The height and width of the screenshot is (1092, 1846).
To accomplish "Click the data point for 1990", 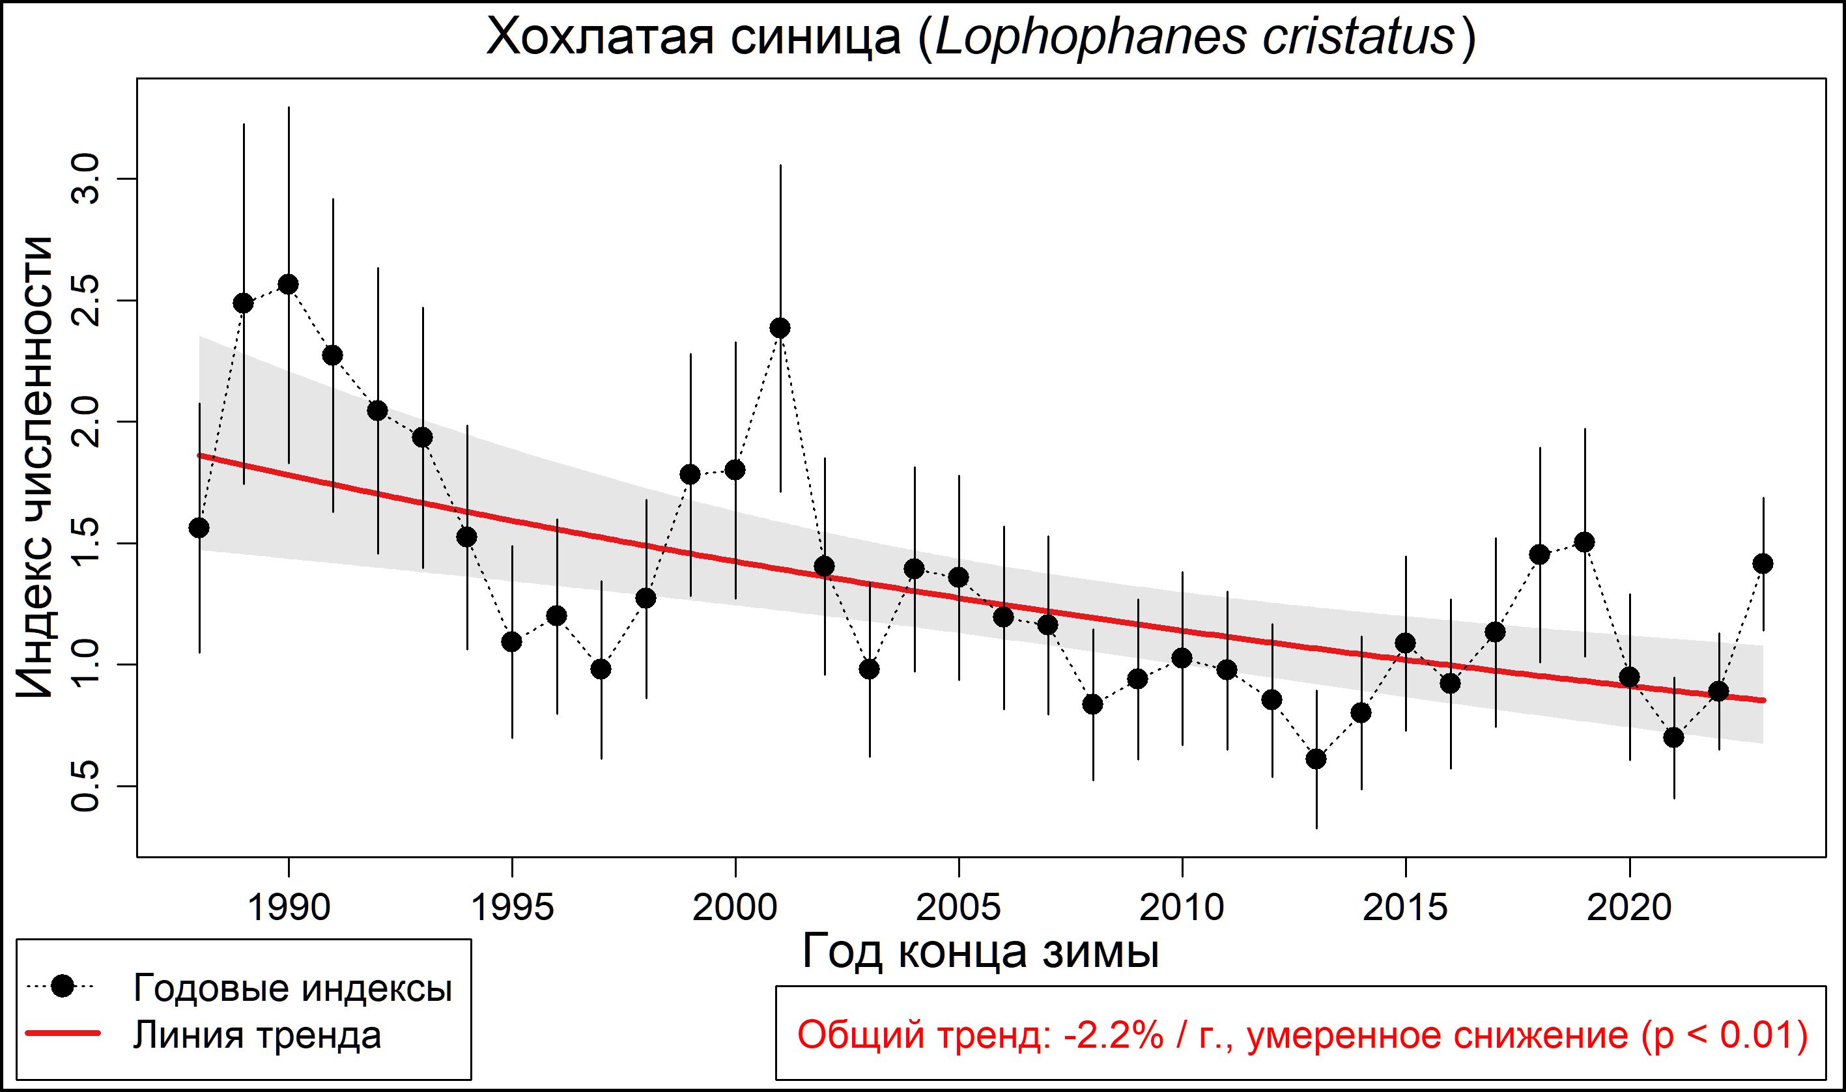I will coord(289,285).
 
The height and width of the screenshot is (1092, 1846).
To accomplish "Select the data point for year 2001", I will coord(780,328).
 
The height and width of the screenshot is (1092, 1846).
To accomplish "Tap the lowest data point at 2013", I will coord(1316,759).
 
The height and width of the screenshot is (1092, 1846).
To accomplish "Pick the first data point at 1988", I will coord(199,527).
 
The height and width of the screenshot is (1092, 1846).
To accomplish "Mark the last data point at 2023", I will coord(1763,564).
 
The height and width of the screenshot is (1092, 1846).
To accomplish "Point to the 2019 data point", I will coord(1585,542).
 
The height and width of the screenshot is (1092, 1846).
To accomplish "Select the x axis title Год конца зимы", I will coord(980,951).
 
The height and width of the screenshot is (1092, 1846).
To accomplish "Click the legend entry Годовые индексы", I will coord(292,988).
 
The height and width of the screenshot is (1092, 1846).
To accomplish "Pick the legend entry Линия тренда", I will coord(257,1035).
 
